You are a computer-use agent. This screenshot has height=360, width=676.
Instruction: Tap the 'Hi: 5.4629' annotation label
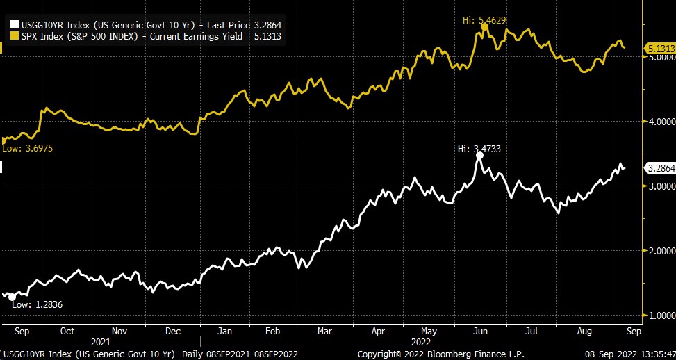[x=481, y=20]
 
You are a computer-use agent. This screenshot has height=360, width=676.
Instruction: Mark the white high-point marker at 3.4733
[x=479, y=156]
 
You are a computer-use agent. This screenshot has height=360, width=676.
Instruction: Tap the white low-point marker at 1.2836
[x=12, y=297]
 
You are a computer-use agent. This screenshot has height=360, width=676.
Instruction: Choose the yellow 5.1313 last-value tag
[x=659, y=48]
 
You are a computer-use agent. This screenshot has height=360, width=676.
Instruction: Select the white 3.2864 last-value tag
[x=659, y=167]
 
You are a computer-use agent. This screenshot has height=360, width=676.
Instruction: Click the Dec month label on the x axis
[x=174, y=332]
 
